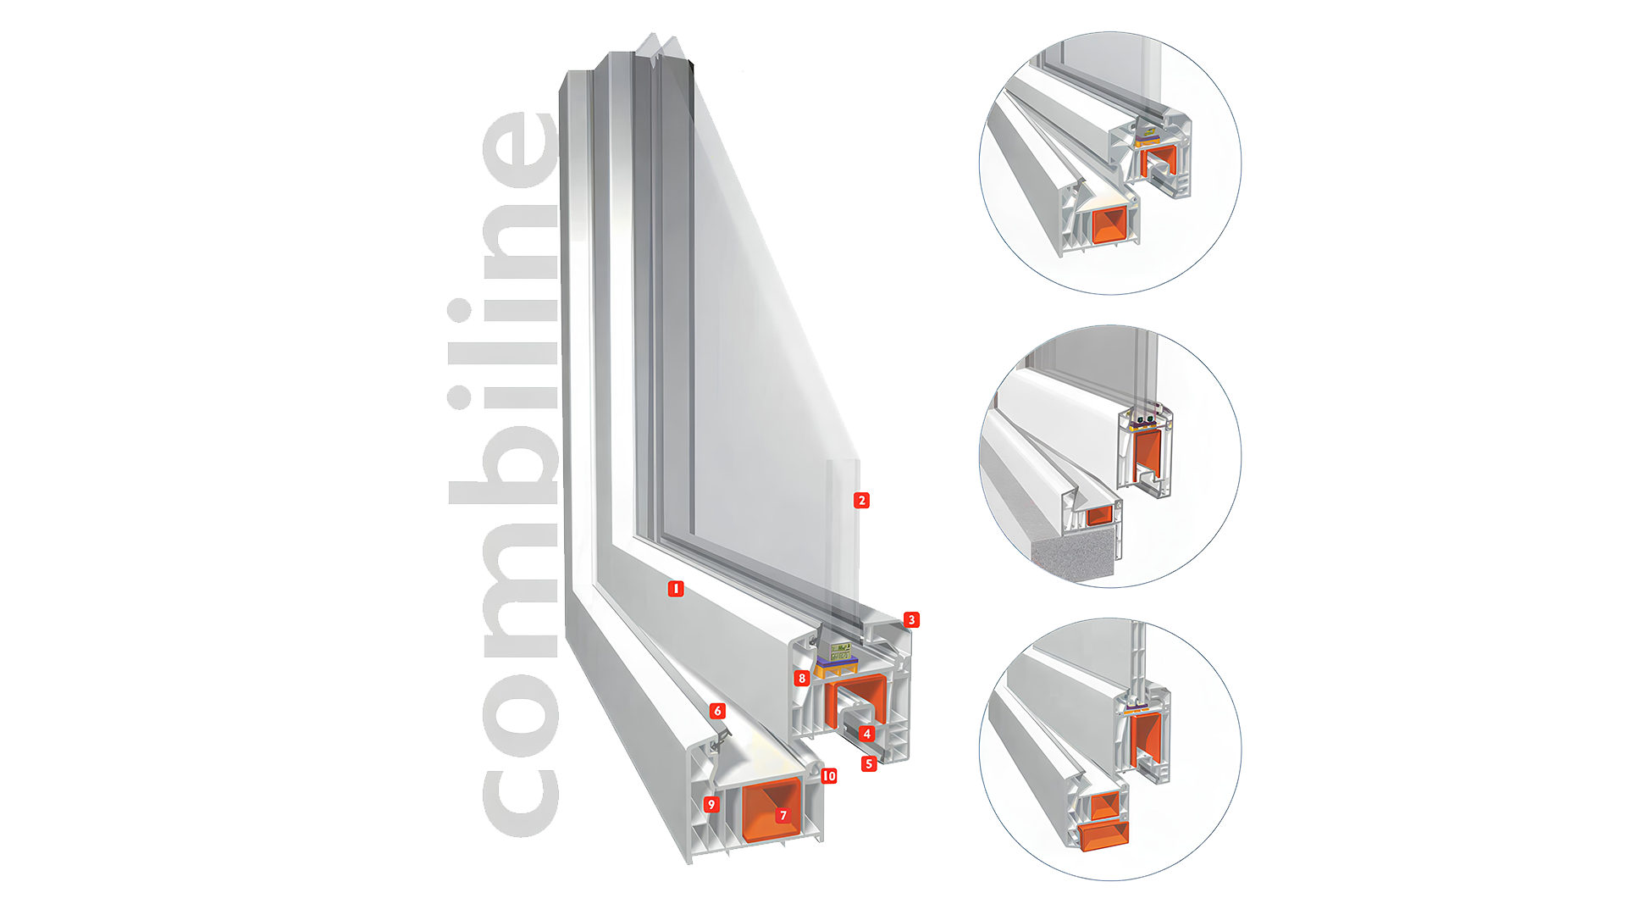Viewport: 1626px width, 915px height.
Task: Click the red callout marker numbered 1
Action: click(675, 588)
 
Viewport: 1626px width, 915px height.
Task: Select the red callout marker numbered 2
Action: click(861, 500)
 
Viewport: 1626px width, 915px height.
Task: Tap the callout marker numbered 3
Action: click(911, 619)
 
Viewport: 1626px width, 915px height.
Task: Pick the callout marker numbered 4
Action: click(866, 734)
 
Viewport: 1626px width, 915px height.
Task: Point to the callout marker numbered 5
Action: click(868, 763)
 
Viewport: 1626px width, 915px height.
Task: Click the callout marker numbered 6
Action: click(717, 711)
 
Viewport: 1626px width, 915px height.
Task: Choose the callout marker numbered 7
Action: click(783, 815)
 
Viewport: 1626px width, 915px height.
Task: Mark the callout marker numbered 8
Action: click(802, 678)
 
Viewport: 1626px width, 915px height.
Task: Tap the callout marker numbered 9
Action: click(711, 804)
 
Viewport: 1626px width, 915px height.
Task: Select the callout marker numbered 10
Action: click(829, 775)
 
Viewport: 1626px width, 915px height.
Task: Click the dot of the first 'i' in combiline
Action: click(459, 397)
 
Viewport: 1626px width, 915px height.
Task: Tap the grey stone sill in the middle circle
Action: click(1076, 555)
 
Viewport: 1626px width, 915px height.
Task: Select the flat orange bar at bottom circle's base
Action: click(1104, 835)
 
